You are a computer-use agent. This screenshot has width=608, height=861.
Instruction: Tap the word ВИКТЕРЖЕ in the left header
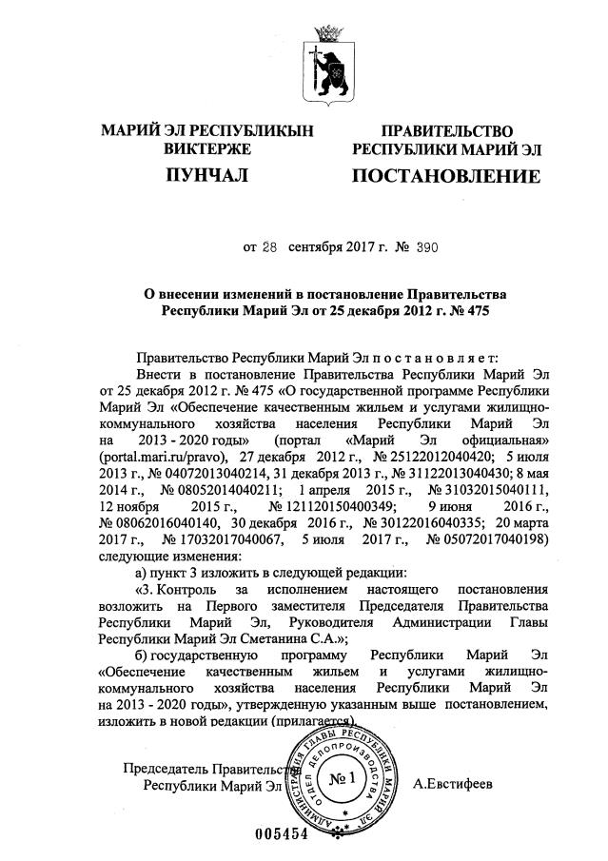206,149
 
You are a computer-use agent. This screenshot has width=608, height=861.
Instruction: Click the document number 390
425,247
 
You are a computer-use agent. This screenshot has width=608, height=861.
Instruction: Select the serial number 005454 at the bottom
283,834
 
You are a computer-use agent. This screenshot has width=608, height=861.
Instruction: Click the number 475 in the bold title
472,310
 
